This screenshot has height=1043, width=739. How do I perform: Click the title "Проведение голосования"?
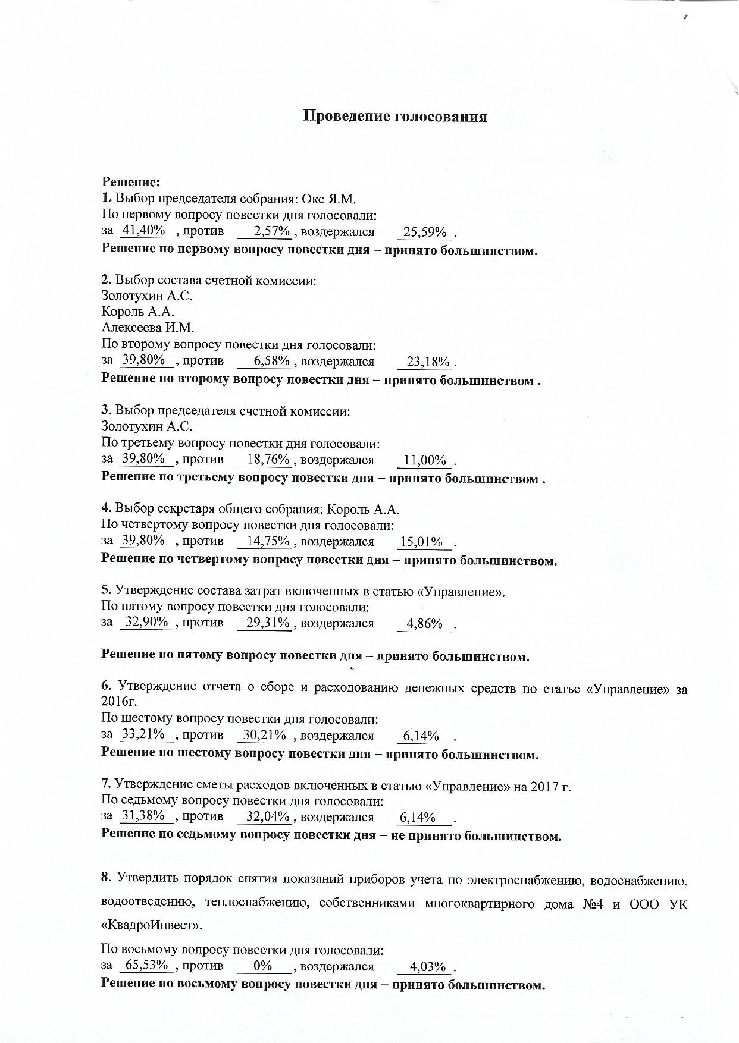click(395, 116)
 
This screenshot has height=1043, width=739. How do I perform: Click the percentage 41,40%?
click(143, 230)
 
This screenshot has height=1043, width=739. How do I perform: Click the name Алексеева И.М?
click(148, 328)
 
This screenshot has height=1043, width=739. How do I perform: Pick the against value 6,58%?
click(272, 360)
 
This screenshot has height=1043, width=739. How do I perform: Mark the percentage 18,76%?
click(268, 459)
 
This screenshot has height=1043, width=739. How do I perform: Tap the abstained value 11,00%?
click(425, 460)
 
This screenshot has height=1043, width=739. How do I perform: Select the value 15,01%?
click(422, 542)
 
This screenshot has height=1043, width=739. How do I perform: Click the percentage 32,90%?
click(146, 622)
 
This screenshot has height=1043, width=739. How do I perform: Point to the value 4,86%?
click(424, 624)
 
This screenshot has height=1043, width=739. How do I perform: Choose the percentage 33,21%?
click(143, 734)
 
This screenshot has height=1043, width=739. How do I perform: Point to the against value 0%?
click(263, 965)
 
